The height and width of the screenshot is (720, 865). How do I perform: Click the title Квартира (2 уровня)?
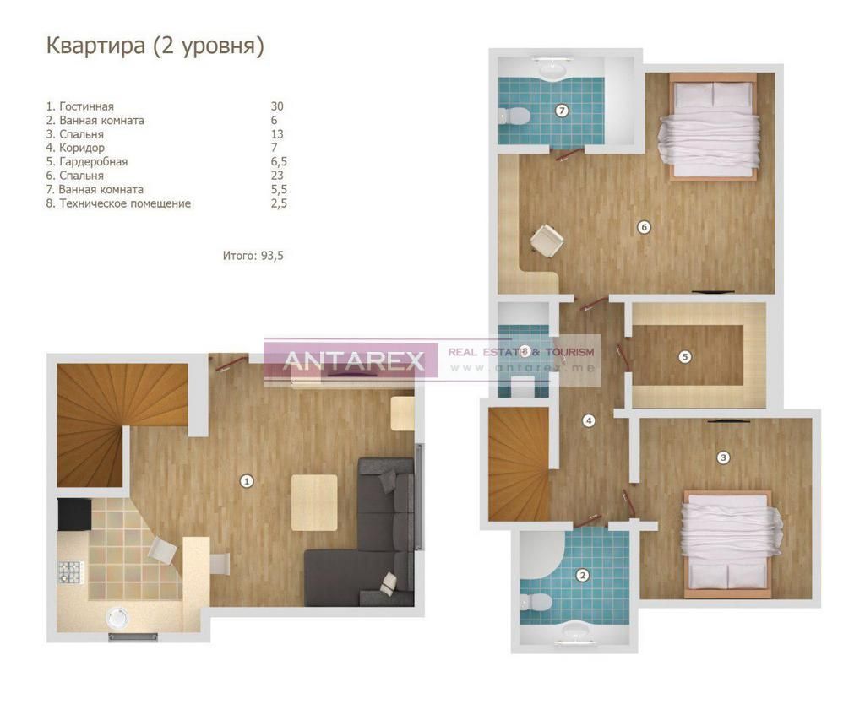click(155, 46)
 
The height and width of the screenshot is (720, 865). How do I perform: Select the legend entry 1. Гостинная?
click(79, 106)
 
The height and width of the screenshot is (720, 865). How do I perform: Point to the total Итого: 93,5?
click(253, 254)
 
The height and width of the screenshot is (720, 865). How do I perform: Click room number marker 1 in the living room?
click(247, 481)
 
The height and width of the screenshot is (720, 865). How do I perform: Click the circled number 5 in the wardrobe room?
click(684, 356)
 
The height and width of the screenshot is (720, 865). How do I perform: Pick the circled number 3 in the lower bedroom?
click(722, 457)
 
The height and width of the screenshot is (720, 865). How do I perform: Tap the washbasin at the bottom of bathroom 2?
click(576, 631)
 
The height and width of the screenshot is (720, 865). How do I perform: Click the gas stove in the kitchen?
click(68, 572)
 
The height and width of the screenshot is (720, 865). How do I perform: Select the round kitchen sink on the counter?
click(119, 617)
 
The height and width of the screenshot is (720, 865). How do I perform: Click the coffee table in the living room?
click(314, 502)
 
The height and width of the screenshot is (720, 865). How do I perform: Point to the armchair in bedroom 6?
click(545, 239)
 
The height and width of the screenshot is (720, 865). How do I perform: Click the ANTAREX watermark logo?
click(352, 360)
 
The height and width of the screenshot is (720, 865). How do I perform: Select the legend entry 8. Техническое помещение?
click(118, 203)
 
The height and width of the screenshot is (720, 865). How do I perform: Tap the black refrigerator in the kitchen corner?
click(73, 512)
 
